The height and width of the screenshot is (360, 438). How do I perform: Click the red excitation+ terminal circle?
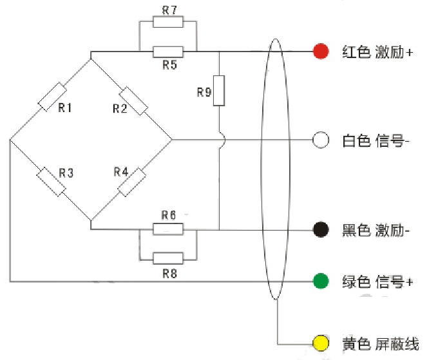[x=320, y=52]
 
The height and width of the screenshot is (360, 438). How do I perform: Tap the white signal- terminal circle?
[x=320, y=140]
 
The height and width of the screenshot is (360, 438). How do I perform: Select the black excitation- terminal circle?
[x=320, y=229]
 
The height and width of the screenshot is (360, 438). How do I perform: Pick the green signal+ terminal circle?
[x=320, y=281]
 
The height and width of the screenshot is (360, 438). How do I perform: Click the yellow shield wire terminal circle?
[x=320, y=343]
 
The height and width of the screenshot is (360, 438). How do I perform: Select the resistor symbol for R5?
[x=168, y=52]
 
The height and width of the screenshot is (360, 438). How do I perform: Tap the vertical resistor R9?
[x=220, y=90]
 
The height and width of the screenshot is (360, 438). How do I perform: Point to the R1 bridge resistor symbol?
[x=52, y=97]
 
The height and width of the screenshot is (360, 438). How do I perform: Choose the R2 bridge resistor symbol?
[x=134, y=100]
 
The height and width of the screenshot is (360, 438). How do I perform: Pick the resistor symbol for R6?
[x=168, y=229]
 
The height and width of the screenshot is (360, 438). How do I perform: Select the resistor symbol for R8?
[x=168, y=258]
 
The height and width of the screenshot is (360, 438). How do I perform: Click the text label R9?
[x=204, y=92]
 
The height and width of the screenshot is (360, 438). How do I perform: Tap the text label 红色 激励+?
[x=377, y=52]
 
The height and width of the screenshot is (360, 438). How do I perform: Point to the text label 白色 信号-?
[x=376, y=140]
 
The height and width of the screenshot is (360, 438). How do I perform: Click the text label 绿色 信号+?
[x=377, y=282]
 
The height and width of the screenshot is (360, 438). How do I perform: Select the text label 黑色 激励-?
[x=376, y=230]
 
